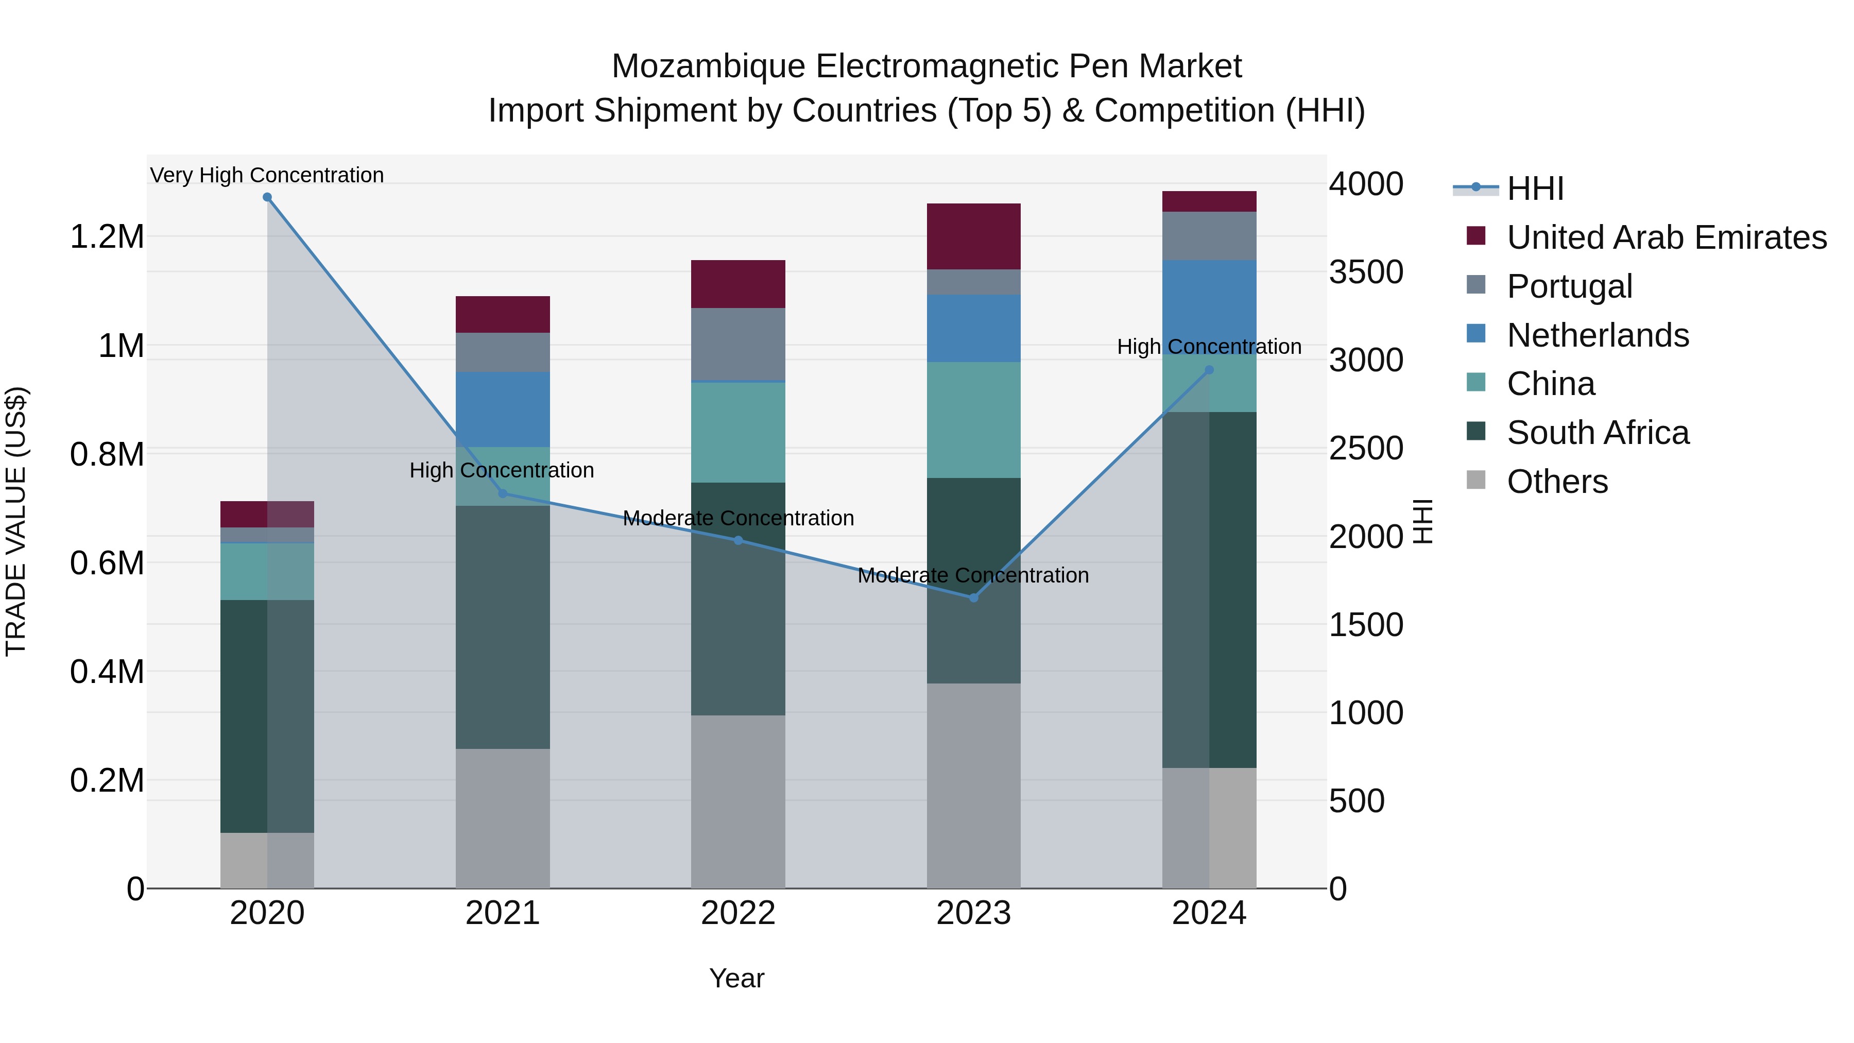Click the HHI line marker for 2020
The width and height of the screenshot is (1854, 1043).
click(267, 197)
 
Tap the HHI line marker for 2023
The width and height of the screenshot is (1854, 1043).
click(974, 597)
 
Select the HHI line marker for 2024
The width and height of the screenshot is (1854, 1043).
click(1209, 370)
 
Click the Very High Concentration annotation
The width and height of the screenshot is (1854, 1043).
click(267, 175)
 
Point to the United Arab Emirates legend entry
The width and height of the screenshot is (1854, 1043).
click(1666, 237)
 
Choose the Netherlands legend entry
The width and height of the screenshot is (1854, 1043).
click(1597, 335)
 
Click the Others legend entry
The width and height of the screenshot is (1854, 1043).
click(1557, 482)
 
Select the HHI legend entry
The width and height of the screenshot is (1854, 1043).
click(1535, 189)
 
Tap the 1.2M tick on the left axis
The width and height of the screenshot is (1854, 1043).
click(107, 237)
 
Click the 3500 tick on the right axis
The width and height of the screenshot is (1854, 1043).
click(1365, 272)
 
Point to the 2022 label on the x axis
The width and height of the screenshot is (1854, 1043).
click(737, 913)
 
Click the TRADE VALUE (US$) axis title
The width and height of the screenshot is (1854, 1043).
click(16, 521)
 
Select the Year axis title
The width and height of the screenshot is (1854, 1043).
click(736, 978)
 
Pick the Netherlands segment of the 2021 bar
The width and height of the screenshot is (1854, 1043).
click(502, 409)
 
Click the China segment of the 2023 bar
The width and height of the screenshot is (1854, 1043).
click(974, 420)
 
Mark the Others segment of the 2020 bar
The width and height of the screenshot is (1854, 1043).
click(267, 860)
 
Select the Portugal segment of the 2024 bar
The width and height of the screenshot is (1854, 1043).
click(1209, 235)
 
